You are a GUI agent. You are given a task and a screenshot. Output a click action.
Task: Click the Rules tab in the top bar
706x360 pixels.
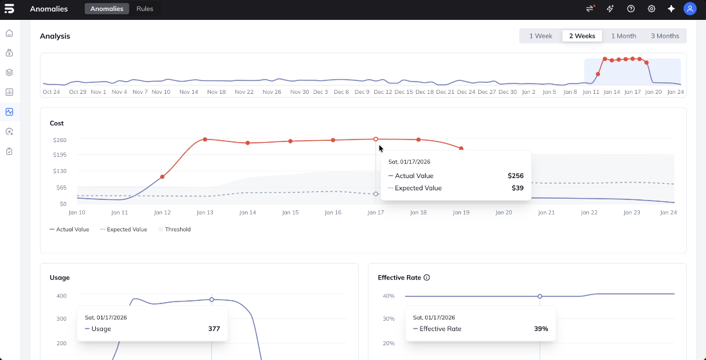pyautogui.click(x=145, y=9)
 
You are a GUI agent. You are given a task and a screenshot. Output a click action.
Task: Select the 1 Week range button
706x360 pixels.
pyautogui.click(x=541, y=36)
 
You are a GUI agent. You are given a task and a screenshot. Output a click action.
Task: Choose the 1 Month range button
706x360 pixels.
pyautogui.click(x=623, y=36)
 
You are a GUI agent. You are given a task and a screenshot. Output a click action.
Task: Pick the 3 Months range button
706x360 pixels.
pyautogui.click(x=665, y=36)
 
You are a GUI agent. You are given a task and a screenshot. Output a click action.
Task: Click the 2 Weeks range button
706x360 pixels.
pyautogui.click(x=582, y=36)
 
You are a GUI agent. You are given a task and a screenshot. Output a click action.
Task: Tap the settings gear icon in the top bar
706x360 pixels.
pyautogui.click(x=651, y=9)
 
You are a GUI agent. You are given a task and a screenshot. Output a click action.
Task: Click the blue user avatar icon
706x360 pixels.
pyautogui.click(x=690, y=9)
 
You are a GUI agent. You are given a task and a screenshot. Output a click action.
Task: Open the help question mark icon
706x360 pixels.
pyautogui.click(x=631, y=9)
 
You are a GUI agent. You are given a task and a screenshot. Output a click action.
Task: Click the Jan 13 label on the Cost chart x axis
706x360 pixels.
pyautogui.click(x=205, y=213)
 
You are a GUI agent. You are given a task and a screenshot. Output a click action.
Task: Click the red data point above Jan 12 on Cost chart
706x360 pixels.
pyautogui.click(x=162, y=177)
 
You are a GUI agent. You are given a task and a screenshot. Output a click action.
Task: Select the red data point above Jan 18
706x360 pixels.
pyautogui.click(x=419, y=139)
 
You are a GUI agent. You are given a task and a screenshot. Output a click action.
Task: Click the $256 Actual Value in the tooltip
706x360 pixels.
pyautogui.click(x=515, y=175)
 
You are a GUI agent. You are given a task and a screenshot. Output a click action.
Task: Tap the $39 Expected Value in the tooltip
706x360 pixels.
pyautogui.click(x=518, y=188)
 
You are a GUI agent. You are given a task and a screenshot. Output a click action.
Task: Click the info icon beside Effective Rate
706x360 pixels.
pyautogui.click(x=427, y=278)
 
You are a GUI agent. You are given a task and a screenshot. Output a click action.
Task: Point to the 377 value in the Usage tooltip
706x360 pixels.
pyautogui.click(x=214, y=329)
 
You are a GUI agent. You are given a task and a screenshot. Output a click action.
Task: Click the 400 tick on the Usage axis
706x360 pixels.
pyautogui.click(x=61, y=296)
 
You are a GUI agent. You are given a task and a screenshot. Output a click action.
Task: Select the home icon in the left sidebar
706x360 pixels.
pyautogui.click(x=9, y=33)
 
